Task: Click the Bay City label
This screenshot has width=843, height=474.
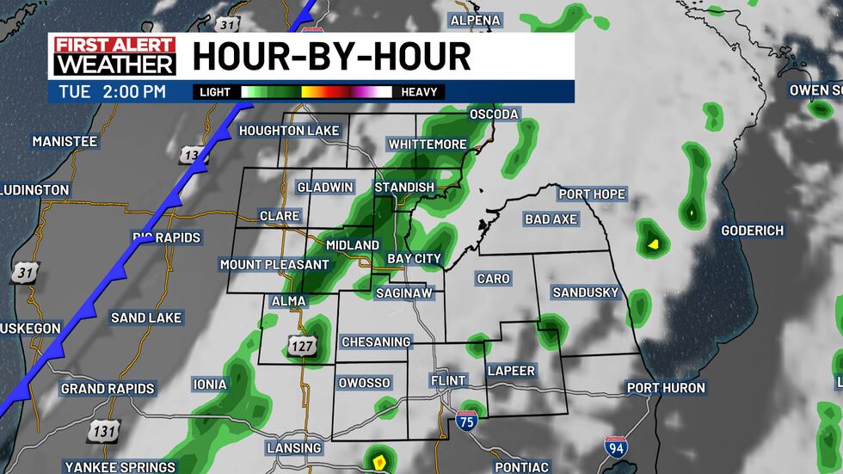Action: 414,258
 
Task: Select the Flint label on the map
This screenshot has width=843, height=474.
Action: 447,380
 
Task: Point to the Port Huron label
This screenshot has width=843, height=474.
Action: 665,388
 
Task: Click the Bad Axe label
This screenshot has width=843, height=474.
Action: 551,219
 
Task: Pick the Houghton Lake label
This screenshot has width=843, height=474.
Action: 289,131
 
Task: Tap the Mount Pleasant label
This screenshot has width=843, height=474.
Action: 274,265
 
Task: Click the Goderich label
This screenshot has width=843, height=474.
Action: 752,231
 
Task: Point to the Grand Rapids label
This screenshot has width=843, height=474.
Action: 108,389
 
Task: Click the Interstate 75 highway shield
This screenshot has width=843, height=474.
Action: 465,420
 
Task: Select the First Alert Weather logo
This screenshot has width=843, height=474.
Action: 114,56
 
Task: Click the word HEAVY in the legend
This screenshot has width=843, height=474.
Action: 419,92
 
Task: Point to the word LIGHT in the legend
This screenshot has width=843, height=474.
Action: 215,92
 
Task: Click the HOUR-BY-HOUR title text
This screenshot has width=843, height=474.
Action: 331,57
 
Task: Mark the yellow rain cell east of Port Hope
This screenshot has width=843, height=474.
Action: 654,243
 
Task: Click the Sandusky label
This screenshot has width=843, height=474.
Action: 585,292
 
